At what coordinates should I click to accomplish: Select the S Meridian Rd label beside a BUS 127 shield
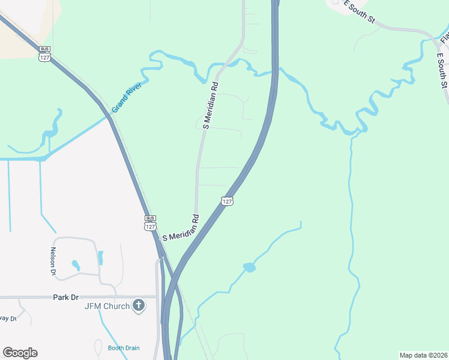click(x=180, y=229)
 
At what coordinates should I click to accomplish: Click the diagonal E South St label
click(x=359, y=11)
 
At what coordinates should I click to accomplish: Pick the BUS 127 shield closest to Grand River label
click(x=44, y=53)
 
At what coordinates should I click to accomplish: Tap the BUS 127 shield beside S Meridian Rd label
click(x=150, y=223)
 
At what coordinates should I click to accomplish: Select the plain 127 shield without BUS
click(x=226, y=200)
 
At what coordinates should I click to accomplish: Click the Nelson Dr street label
click(x=53, y=262)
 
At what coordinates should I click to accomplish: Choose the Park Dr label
click(x=65, y=297)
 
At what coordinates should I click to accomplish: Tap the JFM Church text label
click(x=107, y=307)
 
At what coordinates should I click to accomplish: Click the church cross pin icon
click(x=139, y=306)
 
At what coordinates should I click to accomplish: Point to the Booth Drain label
click(x=124, y=348)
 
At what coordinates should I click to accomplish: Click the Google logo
click(x=20, y=352)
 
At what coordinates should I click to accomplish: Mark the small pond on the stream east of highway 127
click(x=249, y=267)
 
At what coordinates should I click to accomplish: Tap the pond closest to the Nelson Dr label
click(x=76, y=265)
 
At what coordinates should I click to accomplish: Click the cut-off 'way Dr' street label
click(x=7, y=319)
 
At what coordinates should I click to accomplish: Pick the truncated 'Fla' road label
click(x=444, y=37)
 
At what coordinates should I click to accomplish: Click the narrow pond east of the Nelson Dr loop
click(x=100, y=258)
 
